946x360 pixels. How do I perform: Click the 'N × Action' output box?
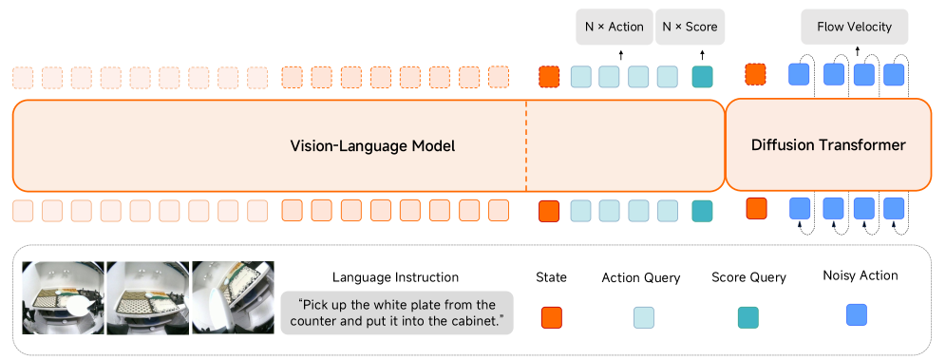615,27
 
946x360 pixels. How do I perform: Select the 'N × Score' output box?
690,27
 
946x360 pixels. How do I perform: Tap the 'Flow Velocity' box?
854,27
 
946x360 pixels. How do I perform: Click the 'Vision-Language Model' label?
372,146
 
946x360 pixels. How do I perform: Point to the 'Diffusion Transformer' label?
828,145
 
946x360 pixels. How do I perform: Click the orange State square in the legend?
552,317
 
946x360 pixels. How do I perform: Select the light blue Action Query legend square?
644,317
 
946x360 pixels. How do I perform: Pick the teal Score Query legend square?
748,317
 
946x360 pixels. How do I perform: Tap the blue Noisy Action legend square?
856,314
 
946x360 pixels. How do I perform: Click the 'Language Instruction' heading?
395,277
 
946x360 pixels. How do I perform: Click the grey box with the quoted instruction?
397,313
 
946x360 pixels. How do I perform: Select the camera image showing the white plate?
64,297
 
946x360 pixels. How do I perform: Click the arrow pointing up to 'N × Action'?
621,56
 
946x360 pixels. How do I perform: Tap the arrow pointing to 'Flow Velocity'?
858,51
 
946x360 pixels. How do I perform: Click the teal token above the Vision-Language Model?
702,77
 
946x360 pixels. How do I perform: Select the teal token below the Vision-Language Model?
702,211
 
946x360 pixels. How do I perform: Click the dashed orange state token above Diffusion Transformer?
755,74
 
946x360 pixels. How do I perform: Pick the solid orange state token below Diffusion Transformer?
757,208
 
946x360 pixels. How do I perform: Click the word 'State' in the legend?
552,277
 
